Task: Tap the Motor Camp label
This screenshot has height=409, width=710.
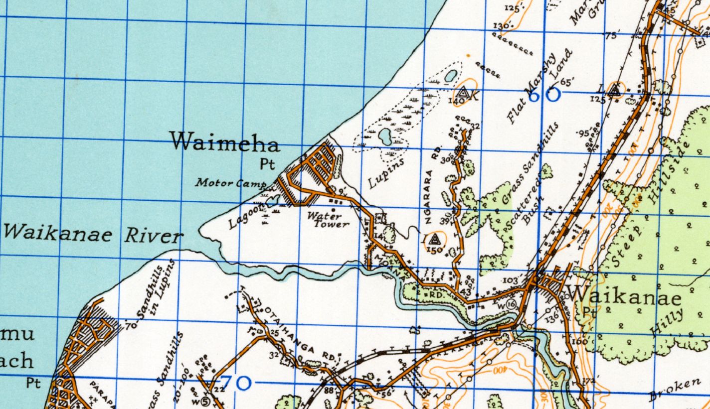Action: (230, 183)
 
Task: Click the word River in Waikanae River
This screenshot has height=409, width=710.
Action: (152, 236)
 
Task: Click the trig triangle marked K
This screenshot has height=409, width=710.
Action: (463, 93)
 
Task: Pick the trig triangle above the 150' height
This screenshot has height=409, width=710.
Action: (433, 239)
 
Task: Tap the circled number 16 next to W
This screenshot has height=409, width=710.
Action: (510, 304)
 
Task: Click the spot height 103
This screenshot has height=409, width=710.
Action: (510, 281)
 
